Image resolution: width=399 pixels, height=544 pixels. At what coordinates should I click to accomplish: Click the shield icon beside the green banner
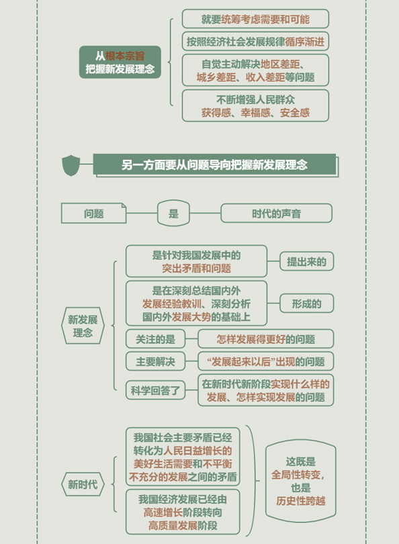point(71,165)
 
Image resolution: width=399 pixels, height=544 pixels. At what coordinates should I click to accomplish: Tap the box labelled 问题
point(93,213)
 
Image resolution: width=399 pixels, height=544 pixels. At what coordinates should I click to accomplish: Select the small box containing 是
point(173,213)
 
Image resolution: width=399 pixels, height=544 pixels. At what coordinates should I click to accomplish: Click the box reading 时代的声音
point(276,213)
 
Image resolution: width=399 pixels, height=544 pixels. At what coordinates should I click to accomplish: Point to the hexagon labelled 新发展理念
point(83,326)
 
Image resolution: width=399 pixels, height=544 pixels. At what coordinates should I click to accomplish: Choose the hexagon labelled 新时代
point(83,484)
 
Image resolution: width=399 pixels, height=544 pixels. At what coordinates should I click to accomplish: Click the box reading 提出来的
point(307,261)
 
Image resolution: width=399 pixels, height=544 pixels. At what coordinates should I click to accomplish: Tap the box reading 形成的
point(307,304)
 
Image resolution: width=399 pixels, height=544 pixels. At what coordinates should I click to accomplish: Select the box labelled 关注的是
point(155,339)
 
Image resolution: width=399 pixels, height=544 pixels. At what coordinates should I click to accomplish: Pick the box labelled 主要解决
point(155,361)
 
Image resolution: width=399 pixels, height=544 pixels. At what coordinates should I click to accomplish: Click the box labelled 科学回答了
point(155,390)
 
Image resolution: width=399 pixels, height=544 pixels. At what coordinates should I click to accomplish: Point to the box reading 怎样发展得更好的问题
point(266,339)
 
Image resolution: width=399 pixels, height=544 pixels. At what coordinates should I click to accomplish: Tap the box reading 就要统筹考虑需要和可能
point(255,19)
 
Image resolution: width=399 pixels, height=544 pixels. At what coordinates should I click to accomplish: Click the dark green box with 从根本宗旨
point(120,62)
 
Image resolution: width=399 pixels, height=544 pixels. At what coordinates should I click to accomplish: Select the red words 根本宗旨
point(125,56)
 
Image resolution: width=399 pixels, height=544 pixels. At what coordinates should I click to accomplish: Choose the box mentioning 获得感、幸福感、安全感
point(255,106)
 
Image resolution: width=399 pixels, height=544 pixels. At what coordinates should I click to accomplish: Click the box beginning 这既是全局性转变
point(300,481)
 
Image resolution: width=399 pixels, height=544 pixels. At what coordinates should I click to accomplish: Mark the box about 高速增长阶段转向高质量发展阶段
point(183,512)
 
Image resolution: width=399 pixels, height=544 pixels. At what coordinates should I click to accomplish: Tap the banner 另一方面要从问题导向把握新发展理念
point(215,165)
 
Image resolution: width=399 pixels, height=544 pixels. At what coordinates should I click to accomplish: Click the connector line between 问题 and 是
point(142,213)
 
